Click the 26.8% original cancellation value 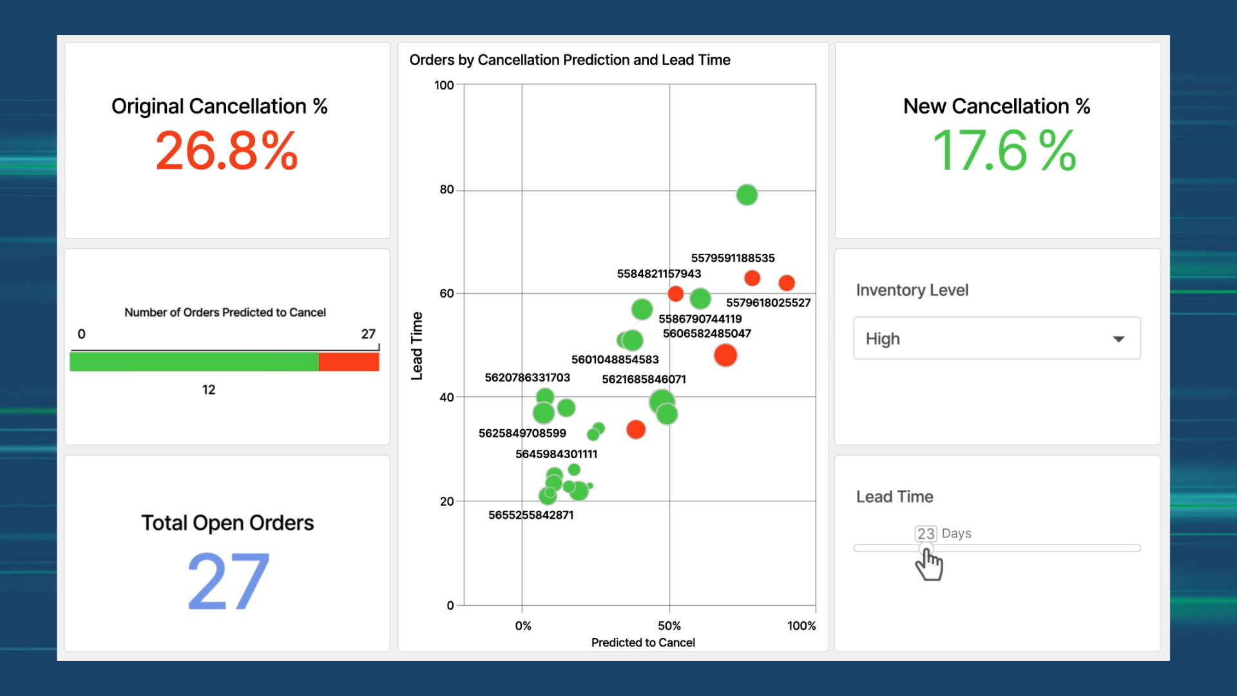(x=227, y=151)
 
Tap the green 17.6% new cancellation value (x=1004, y=151)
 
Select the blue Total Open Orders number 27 (x=228, y=581)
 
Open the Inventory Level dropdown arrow (x=1118, y=339)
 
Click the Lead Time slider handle (x=926, y=548)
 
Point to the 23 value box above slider (x=926, y=534)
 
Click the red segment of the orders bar (x=349, y=362)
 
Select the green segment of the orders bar (x=194, y=362)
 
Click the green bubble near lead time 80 (x=747, y=195)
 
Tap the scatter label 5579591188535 (x=733, y=258)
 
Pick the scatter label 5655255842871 (x=531, y=515)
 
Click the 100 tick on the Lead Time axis (x=444, y=85)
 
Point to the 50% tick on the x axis (x=669, y=626)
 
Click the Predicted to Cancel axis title (x=643, y=643)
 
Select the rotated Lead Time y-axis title (x=417, y=346)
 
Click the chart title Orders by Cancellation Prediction (x=570, y=60)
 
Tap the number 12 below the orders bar (x=209, y=390)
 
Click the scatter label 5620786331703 (x=527, y=378)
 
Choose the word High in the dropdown (x=883, y=339)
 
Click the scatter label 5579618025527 (x=768, y=303)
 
